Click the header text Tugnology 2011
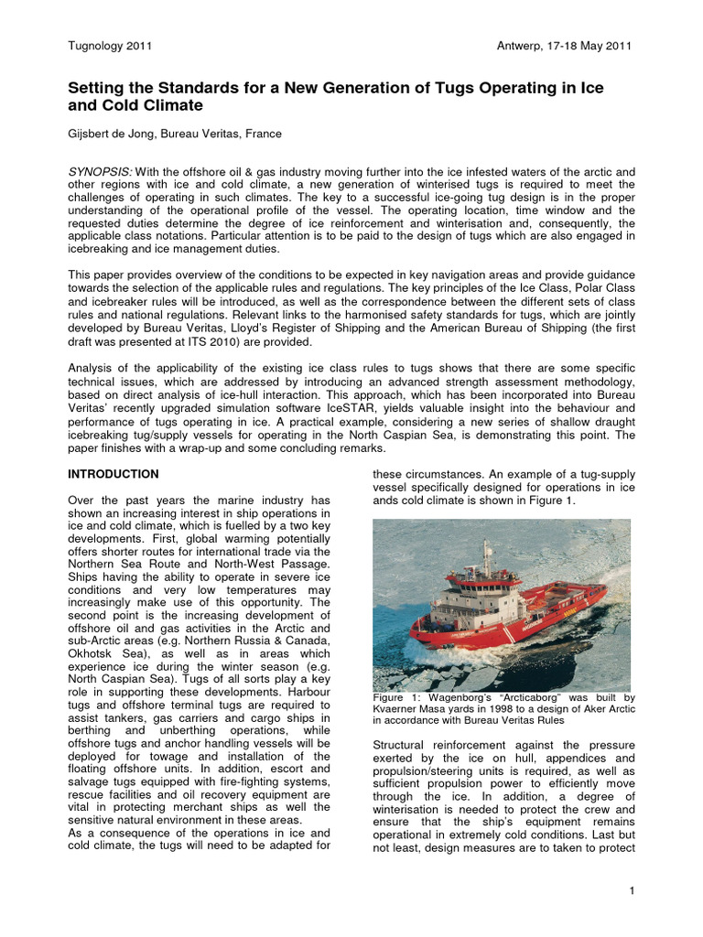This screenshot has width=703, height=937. click(x=110, y=46)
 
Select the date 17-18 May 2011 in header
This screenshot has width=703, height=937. click(x=584, y=46)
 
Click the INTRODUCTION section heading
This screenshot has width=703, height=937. click(x=114, y=474)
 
